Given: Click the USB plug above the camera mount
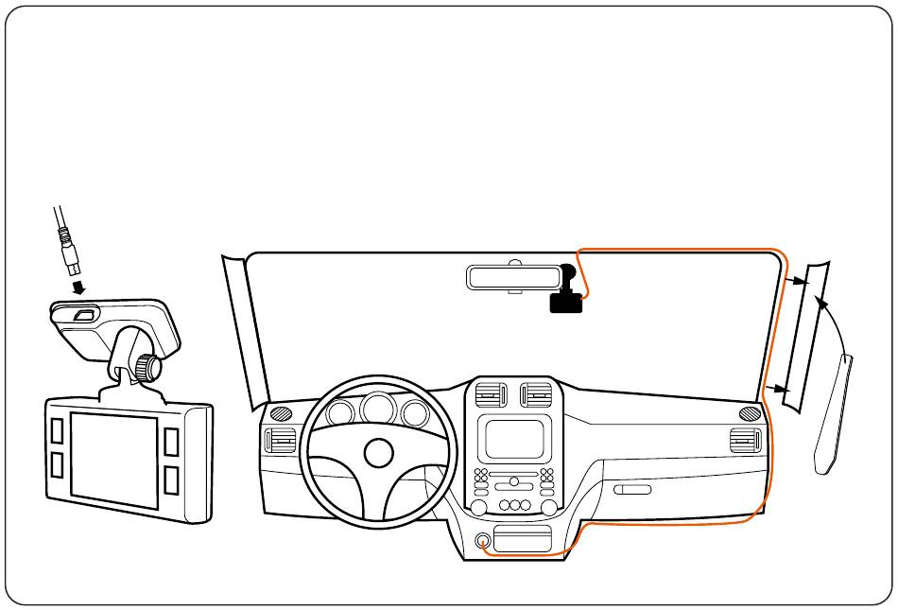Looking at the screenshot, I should [x=70, y=252].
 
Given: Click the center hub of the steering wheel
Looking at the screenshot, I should [x=378, y=452].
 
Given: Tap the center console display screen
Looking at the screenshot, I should [x=514, y=439].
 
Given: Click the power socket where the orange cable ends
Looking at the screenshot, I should [x=484, y=541].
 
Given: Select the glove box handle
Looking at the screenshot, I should [x=631, y=490].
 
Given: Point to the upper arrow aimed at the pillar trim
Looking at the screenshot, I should [x=796, y=280].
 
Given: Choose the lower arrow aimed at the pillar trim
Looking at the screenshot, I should [x=778, y=388].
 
